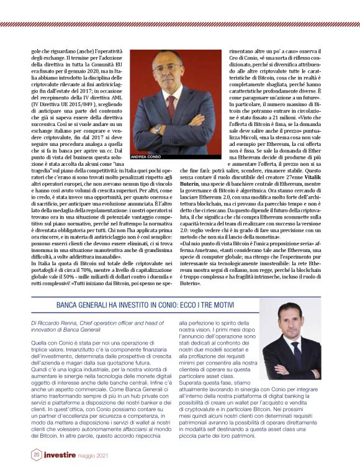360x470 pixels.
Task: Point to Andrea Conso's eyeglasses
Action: [x=168, y=65]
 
